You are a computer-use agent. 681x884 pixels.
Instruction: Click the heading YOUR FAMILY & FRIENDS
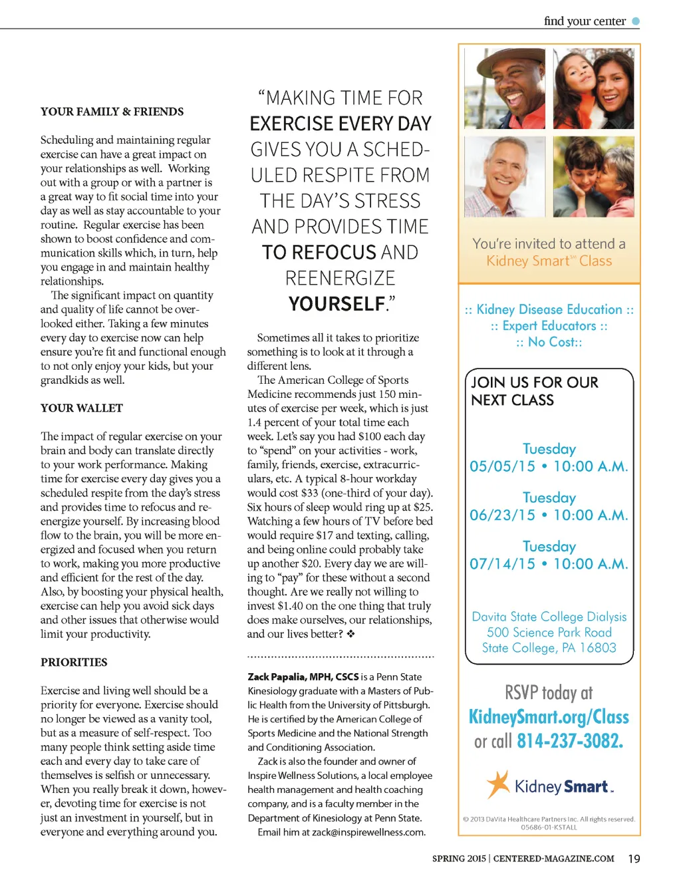112,112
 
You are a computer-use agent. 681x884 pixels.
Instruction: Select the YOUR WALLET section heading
82,408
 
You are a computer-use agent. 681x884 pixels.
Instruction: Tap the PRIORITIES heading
74,663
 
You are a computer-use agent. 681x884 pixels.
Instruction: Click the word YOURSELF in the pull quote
337,304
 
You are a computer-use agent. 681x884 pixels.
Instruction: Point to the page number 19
634,859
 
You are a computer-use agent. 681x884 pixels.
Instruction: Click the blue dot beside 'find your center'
636,21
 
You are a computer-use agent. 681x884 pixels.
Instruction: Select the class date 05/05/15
502,466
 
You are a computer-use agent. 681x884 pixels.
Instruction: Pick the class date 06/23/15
502,515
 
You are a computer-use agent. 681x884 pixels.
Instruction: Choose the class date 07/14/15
502,564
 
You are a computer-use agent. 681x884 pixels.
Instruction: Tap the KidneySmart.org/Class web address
549,717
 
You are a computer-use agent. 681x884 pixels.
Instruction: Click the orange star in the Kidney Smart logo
497,784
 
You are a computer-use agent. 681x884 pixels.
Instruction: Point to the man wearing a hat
505,88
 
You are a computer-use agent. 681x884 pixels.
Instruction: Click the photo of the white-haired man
505,176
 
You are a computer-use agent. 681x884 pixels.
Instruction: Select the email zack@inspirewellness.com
368,832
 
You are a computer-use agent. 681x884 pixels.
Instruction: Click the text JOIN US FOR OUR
535,382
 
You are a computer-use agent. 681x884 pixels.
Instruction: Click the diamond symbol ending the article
350,634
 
